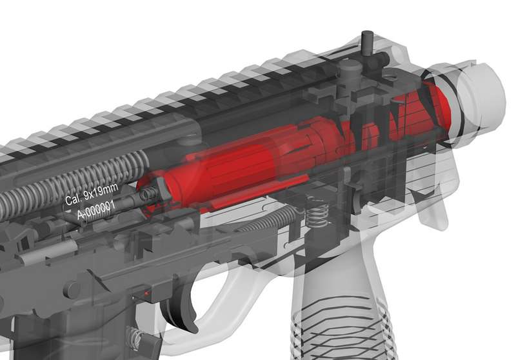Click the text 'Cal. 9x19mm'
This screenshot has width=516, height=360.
(91, 194)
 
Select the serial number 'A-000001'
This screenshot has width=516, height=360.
(95, 210)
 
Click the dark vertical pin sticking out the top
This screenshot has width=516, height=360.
(366, 44)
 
